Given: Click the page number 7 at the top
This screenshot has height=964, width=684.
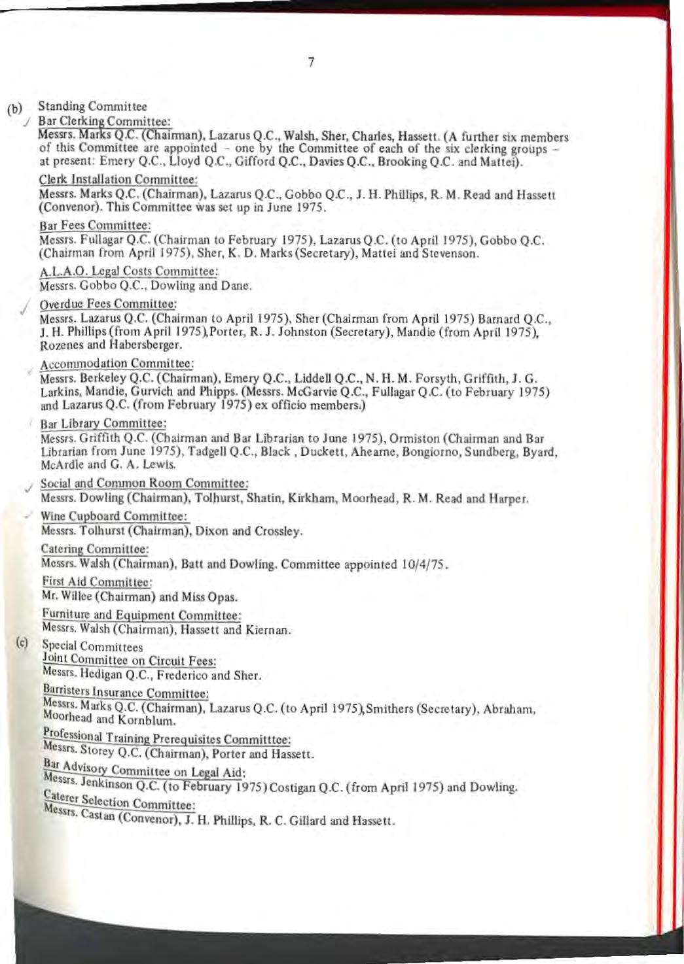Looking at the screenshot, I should [311, 63].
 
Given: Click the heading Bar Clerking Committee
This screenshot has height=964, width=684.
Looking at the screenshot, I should [104, 122].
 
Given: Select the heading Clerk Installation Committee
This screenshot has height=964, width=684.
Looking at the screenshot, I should [118, 179].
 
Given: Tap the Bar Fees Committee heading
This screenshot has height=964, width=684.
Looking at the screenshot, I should [95, 225].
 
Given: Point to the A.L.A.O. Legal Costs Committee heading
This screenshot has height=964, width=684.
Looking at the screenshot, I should [128, 271].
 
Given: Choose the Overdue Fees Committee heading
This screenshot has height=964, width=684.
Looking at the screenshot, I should [108, 304].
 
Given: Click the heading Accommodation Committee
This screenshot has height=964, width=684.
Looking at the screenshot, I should [117, 364].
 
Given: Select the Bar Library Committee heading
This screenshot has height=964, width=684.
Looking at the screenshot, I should [103, 423].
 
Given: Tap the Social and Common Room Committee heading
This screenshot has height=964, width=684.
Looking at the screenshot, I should [144, 483].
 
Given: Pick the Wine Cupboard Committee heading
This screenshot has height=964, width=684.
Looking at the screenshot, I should [114, 516].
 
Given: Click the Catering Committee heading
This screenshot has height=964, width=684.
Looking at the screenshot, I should [94, 549].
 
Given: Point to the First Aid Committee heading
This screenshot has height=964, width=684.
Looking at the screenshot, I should [97, 581].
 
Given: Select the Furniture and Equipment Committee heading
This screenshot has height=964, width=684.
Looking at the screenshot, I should [141, 615].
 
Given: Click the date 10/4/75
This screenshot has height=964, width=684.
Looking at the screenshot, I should [423, 564].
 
